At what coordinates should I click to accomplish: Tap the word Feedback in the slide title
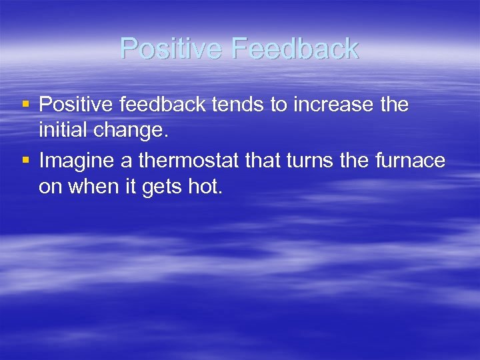(x=297, y=49)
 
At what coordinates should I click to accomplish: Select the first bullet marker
(x=26, y=104)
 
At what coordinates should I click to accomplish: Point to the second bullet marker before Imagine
(x=26, y=160)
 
